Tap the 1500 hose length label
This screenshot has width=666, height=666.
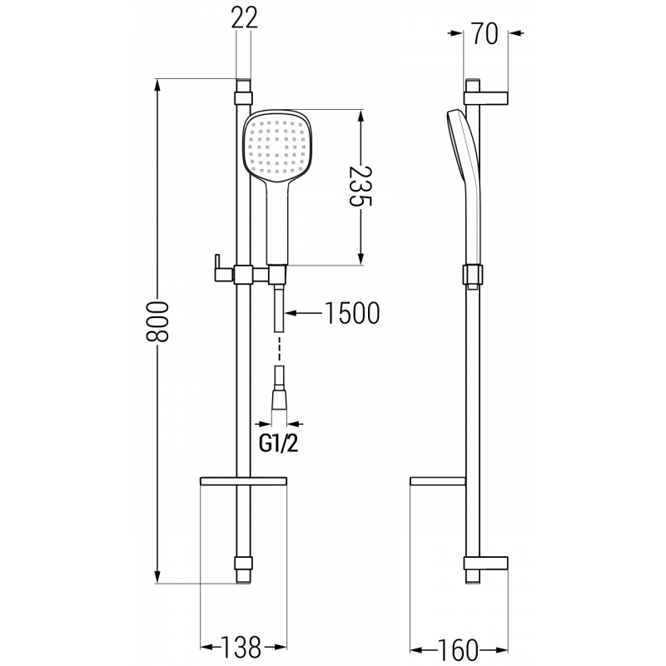click(x=350, y=312)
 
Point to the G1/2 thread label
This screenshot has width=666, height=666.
click(x=278, y=443)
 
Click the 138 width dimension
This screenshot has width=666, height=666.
click(x=241, y=645)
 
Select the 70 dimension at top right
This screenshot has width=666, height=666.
click(x=485, y=34)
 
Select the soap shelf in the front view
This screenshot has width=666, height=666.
click(x=242, y=482)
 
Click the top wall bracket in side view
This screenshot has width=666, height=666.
click(x=486, y=94)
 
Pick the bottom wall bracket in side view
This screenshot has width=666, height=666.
click(x=486, y=565)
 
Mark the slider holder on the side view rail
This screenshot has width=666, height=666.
click(x=471, y=275)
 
